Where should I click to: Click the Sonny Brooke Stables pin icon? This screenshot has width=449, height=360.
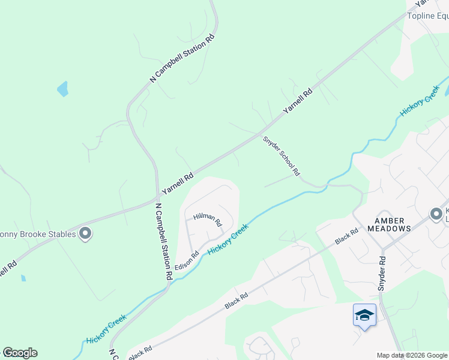[x=85, y=233]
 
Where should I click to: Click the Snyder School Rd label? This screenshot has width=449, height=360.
[x=281, y=155]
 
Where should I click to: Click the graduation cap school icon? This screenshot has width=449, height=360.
[x=364, y=315]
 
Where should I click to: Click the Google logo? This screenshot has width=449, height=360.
[x=20, y=353]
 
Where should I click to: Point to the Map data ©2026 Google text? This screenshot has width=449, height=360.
[x=412, y=355]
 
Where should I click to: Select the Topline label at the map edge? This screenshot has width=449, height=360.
[x=427, y=16]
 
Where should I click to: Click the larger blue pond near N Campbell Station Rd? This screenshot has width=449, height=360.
[x=62, y=90]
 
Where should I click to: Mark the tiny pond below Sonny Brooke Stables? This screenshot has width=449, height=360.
[x=23, y=278]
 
